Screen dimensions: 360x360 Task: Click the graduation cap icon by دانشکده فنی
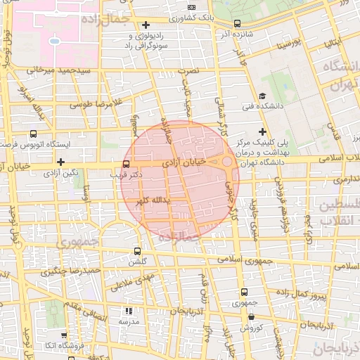click(262, 96)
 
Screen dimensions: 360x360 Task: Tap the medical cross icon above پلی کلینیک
click(262, 131)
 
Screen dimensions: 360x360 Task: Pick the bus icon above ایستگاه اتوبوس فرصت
click(33, 134)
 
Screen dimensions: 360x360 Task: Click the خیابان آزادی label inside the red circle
click(186, 162)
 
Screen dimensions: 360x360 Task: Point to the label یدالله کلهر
click(157, 202)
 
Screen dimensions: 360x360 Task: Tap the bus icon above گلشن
click(137, 250)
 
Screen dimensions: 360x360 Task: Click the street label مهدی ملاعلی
click(129, 283)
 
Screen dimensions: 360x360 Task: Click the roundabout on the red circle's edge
click(227, 163)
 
